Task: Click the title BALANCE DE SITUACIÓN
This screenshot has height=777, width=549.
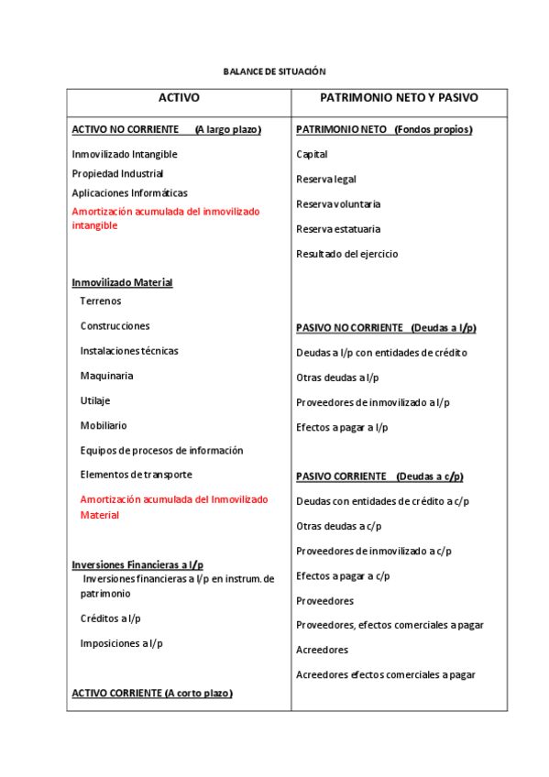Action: pos(274,71)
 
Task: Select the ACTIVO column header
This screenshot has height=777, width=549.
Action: pos(179,98)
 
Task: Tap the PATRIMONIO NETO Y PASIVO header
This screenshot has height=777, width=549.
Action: pos(399,98)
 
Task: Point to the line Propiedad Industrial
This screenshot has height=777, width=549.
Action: pos(117,173)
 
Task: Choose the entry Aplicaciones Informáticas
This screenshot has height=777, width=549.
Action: pos(129,193)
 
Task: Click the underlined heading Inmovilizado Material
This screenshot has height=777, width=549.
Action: pos(122,282)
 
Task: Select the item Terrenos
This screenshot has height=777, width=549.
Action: pos(101,301)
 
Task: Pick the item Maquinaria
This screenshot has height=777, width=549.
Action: pos(106,376)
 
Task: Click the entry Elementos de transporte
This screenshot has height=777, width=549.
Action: pos(136,475)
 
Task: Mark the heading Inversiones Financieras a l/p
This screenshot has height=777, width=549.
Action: pos(137,564)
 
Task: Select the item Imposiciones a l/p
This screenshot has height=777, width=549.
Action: pos(121,643)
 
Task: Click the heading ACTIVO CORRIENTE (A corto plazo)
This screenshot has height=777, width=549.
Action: pos(152,694)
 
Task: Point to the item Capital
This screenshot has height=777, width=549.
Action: pos(312,155)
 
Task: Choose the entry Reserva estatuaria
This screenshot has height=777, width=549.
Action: pos(338,229)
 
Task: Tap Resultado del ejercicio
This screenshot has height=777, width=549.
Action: pos(346,254)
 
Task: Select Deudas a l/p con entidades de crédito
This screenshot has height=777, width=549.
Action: pos(381,353)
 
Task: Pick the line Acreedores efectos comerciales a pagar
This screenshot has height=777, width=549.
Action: pos(385,675)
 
